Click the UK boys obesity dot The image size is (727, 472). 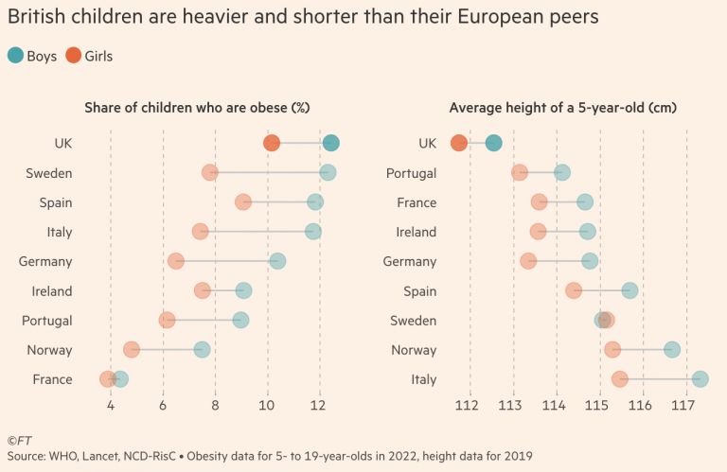tap(330, 143)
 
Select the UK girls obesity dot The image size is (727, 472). tap(272, 143)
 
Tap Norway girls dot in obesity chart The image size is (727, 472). tap(132, 350)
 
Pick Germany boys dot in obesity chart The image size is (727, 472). tap(277, 261)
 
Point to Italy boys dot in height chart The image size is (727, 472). tap(700, 379)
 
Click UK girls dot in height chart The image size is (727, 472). tap(459, 143)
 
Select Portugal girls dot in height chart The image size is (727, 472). tap(520, 172)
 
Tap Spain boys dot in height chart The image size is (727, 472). tap(629, 290)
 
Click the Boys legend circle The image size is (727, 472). tap(16, 56)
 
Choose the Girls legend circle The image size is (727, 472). tap(73, 56)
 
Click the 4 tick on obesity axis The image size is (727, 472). tap(111, 407)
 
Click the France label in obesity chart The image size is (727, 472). tap(53, 379)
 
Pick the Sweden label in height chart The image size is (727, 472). tap(414, 321)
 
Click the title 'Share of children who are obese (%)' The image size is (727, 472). tap(198, 108)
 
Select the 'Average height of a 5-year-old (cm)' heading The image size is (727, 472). tap(563, 108)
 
